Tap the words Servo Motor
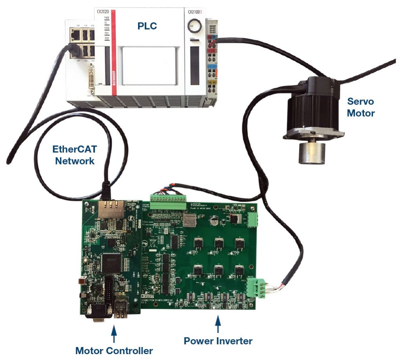click(x=361, y=107)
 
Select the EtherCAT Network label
click(x=75, y=155)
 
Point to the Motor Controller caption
click(x=114, y=350)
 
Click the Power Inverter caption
click(x=218, y=341)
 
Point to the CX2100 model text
click(x=196, y=12)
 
